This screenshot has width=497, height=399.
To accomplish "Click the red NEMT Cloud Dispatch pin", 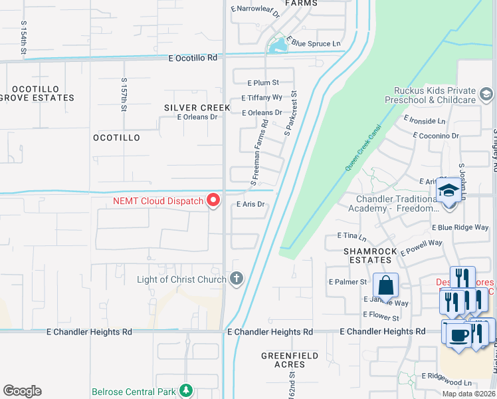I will click(213, 199).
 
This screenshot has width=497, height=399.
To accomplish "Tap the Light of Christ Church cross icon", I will click(236, 279).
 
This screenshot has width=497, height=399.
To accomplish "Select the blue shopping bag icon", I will click(385, 286).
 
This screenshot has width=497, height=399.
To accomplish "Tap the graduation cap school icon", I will click(448, 192).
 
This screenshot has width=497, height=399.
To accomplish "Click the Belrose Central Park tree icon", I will click(187, 390).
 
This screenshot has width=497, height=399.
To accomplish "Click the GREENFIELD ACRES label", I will click(289, 360).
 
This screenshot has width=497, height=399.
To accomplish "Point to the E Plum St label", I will click(263, 83).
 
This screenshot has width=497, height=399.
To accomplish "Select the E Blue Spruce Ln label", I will click(314, 44).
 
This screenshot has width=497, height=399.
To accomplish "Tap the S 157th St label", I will click(124, 93).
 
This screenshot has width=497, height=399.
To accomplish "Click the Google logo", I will click(22, 391).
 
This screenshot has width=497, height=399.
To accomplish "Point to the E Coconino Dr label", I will click(435, 136).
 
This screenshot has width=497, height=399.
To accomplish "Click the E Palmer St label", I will click(348, 282).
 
